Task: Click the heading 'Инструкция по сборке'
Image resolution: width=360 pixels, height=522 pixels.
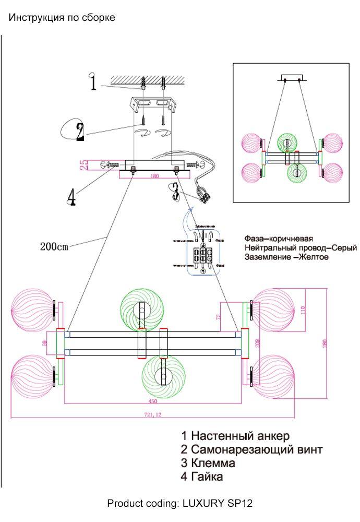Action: (x=62, y=18)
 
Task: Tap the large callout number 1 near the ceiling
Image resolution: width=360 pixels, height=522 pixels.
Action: (x=93, y=82)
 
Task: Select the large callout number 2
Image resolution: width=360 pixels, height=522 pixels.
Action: (x=79, y=132)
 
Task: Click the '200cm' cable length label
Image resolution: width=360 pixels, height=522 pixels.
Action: (x=54, y=247)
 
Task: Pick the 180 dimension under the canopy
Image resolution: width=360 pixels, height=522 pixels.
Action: (x=154, y=176)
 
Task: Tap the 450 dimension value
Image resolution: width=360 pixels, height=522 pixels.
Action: (x=152, y=401)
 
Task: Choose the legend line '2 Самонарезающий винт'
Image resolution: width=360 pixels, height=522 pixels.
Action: (x=252, y=449)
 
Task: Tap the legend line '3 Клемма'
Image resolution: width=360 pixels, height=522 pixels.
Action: (x=208, y=462)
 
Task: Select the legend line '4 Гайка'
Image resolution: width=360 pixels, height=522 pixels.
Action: (x=202, y=476)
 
